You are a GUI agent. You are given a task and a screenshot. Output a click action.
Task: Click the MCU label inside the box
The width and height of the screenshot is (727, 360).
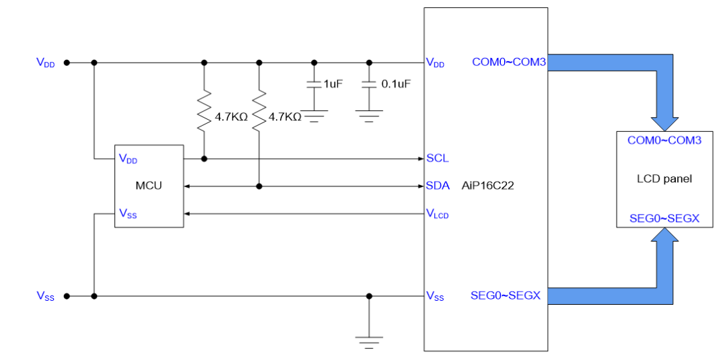(149, 186)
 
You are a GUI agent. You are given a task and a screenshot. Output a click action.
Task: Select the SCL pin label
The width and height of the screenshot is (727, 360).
(438, 158)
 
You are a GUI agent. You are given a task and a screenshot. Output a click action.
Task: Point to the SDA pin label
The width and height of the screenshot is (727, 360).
(438, 186)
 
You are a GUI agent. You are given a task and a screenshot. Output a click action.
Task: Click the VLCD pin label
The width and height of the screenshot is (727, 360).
(438, 214)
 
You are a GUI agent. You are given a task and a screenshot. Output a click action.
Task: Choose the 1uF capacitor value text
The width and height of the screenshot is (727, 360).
(333, 84)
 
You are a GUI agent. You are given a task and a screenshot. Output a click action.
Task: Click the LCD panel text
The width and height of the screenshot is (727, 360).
(664, 179)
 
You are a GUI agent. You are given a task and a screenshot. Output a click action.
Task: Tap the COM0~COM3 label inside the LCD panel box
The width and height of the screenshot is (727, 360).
(664, 141)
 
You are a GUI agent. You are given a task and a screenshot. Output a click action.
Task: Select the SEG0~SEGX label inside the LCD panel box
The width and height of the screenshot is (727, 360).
(664, 218)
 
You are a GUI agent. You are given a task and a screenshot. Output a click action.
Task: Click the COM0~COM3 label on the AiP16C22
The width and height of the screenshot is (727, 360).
(509, 62)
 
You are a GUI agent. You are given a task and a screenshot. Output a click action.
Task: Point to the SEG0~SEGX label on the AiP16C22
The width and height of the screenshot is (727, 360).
(506, 295)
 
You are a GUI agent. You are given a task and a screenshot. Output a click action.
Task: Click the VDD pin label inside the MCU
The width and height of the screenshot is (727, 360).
(128, 159)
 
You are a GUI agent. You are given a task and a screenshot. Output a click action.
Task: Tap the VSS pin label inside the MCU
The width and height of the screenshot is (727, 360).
(128, 213)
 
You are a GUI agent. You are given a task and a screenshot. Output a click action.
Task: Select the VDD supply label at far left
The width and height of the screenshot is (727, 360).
(46, 63)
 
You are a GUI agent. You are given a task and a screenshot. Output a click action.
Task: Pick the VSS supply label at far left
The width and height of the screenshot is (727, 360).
(46, 295)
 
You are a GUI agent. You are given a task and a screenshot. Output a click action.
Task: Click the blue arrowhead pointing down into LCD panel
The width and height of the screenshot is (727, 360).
(664, 123)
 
